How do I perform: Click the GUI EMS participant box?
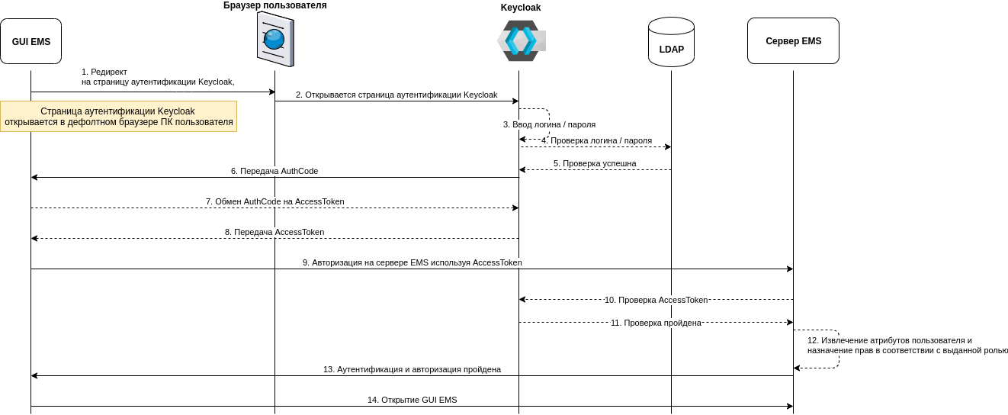[x=31, y=41]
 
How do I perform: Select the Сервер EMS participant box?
[x=793, y=41]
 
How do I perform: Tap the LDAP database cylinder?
[x=671, y=43]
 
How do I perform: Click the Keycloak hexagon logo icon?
[x=521, y=40]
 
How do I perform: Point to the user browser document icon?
[x=274, y=39]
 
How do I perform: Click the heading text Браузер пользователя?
[x=274, y=5]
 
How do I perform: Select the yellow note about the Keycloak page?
[x=118, y=116]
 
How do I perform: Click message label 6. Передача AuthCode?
[x=274, y=171]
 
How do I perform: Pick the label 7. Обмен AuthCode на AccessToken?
[x=274, y=201]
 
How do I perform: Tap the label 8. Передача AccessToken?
[x=274, y=232]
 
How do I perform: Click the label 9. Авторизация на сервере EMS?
[x=412, y=262]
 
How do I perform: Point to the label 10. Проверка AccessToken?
[x=656, y=300]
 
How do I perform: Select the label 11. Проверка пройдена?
[x=656, y=323]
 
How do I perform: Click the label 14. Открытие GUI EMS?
[x=412, y=400]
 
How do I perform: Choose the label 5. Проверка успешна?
[x=595, y=163]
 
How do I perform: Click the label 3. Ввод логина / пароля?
[x=549, y=124]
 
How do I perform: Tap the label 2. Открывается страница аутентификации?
[x=396, y=95]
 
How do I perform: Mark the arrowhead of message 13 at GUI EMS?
[x=34, y=375]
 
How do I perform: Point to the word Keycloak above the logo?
[x=521, y=8]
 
